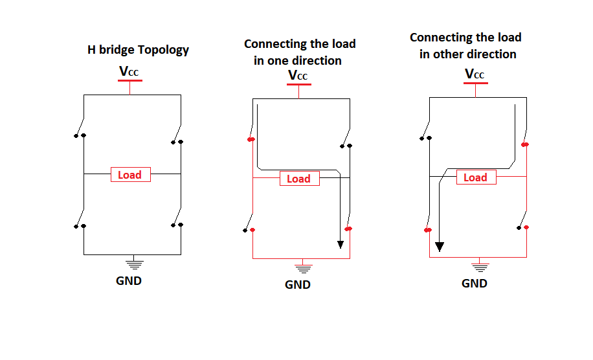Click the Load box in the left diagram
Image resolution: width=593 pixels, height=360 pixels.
coord(130,175)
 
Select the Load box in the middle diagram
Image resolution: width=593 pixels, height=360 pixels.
coord(299,179)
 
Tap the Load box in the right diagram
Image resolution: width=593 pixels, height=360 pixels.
coord(475,177)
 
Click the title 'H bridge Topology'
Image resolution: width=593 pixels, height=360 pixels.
coord(138,49)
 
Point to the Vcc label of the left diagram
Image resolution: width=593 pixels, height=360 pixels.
coord(129,71)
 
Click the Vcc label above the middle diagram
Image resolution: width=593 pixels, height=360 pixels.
coord(298,76)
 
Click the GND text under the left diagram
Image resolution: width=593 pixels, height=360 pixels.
coord(129,281)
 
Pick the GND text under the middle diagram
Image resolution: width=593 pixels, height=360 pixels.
coord(298,285)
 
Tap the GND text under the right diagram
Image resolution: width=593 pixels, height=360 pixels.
coord(475,284)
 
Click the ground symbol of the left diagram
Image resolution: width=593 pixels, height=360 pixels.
coord(134,262)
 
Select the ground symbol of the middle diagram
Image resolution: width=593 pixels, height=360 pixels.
coord(302,266)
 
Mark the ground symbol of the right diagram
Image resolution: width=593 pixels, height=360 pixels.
coord(480,265)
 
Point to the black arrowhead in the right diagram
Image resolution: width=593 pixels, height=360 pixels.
coord(440,247)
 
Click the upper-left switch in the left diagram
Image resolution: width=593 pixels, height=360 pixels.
coord(80,128)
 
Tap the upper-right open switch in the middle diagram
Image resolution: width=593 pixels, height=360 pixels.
coord(346,138)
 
